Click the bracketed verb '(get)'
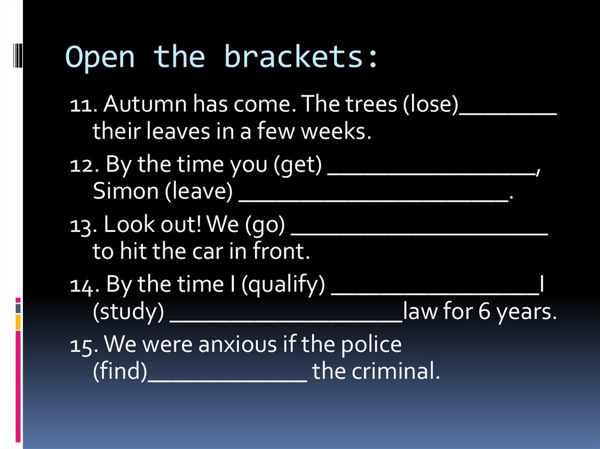click(x=298, y=166)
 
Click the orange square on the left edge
click(x=18, y=322)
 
